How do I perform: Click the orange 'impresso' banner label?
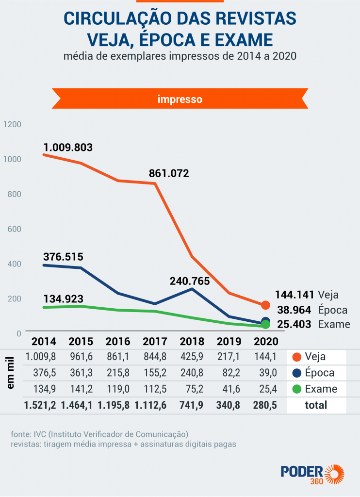click(180, 99)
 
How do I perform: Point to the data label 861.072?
click(169, 173)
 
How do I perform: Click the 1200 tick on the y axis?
click(13, 124)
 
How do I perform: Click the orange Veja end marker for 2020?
click(265, 305)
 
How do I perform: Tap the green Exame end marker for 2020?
click(265, 324)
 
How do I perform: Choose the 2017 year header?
click(155, 341)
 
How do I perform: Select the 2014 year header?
click(44, 341)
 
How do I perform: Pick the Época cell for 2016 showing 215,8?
click(118, 373)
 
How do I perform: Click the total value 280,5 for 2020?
click(264, 405)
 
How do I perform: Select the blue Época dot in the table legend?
click(298, 373)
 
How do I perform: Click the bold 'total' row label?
click(316, 405)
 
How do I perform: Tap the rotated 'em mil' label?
click(11, 374)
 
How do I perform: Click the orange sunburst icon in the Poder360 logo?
click(335, 474)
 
